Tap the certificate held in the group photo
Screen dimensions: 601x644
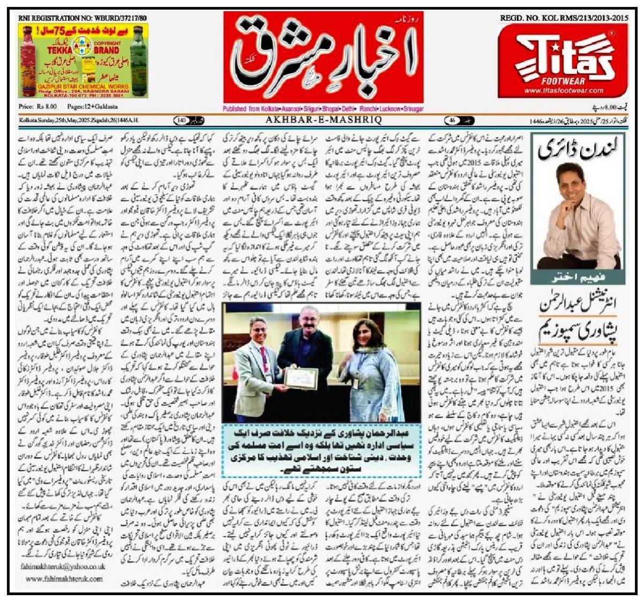301,378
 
